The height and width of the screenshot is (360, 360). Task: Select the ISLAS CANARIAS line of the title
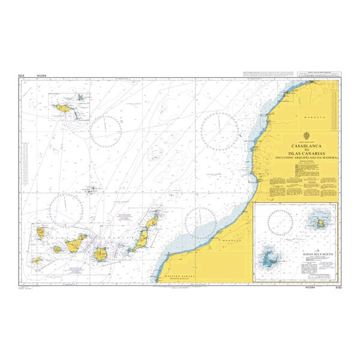[x=305, y=153]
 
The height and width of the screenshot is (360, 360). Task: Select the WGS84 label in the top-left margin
[x=41, y=76]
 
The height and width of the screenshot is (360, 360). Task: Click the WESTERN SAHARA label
[x=181, y=277]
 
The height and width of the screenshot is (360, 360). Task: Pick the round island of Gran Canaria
[x=101, y=254]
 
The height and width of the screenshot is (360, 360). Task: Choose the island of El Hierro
[x=37, y=260]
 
